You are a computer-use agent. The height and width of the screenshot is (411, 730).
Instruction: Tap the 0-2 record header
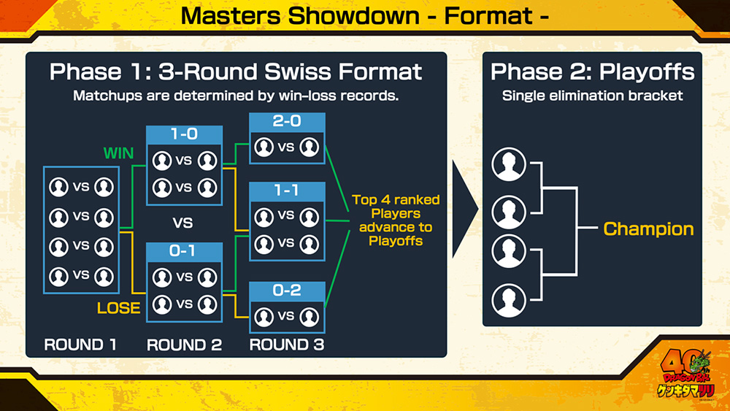point(287,291)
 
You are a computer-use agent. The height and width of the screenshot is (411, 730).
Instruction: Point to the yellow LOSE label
point(119,307)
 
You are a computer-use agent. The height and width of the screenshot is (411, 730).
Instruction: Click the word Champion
point(648,229)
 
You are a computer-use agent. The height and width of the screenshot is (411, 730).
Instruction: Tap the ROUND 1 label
point(80,345)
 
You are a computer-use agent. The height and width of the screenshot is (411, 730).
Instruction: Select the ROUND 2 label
point(184,345)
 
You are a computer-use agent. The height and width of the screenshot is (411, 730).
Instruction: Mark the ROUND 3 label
point(287,345)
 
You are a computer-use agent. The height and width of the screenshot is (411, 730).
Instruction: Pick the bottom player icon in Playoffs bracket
point(509,299)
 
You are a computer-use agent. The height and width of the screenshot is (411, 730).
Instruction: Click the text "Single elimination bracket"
point(592,96)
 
